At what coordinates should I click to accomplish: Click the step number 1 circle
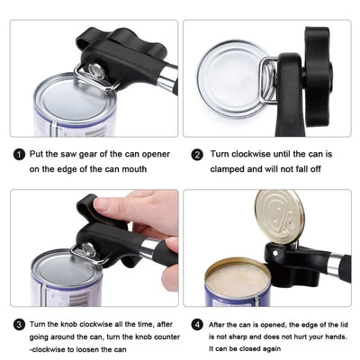(20, 155)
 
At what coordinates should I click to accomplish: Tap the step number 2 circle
(197, 155)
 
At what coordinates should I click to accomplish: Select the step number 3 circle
(20, 325)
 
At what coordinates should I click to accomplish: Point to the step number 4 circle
(197, 325)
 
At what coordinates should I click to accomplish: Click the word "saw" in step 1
(68, 154)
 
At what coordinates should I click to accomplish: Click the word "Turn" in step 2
(220, 154)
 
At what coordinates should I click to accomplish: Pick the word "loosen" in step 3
(87, 349)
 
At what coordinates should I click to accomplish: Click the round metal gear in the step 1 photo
(96, 71)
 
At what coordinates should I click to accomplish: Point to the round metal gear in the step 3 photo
(89, 249)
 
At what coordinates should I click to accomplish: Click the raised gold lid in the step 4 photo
(279, 216)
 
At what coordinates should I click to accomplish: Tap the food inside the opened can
(238, 280)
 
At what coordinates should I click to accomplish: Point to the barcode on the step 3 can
(79, 299)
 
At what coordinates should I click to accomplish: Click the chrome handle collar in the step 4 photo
(335, 264)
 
